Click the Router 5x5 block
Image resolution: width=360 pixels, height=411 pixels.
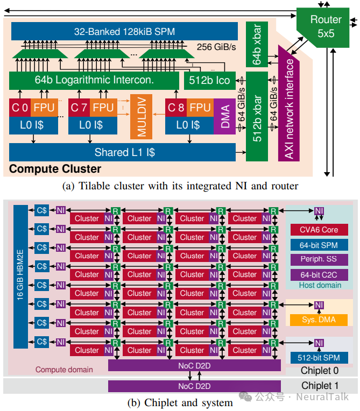326,26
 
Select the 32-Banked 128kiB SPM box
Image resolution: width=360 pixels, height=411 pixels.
124,32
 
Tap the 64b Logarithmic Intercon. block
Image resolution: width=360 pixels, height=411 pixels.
94,80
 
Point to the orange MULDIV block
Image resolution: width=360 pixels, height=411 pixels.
142,117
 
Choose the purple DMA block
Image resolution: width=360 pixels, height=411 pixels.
225,116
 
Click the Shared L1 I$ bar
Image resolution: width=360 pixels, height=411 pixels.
124,152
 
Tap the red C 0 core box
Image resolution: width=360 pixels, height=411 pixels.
20,108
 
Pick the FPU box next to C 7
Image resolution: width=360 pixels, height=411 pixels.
102,108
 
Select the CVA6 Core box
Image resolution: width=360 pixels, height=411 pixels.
319,230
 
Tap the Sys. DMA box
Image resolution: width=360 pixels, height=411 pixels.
319,320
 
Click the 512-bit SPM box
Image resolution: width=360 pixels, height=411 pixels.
319,358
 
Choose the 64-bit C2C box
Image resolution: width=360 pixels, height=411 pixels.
319,274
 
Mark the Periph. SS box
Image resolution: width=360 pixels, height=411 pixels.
319,259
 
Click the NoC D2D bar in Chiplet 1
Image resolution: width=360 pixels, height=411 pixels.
194,386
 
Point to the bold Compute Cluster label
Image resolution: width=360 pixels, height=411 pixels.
55,169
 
